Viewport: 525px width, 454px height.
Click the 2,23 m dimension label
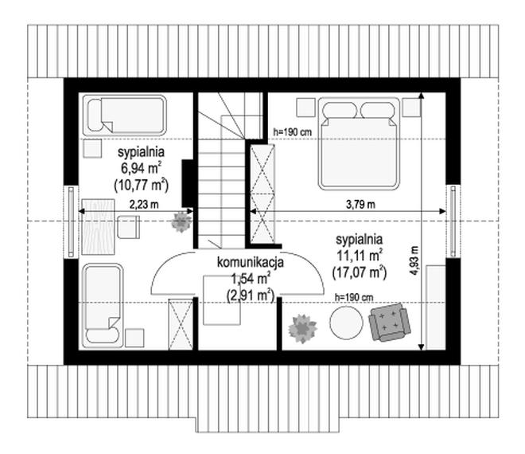pyautogui.click(x=144, y=204)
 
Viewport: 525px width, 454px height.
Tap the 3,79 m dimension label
pyautogui.click(x=360, y=204)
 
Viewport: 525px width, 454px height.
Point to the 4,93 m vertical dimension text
pyautogui.click(x=415, y=260)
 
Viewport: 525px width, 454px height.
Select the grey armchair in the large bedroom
pyautogui.click(x=390, y=322)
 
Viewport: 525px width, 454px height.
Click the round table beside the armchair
pyautogui.click(x=346, y=323)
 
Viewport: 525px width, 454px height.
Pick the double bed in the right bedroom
pyautogui.click(x=359, y=143)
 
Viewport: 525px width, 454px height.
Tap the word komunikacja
pyautogui.click(x=251, y=262)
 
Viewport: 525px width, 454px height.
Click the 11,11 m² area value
pyautogui.click(x=360, y=256)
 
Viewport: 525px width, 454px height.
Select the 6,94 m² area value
pyautogui.click(x=142, y=168)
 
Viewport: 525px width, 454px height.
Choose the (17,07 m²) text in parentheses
pyautogui.click(x=360, y=272)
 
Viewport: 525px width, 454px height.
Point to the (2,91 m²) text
pyautogui.click(x=251, y=295)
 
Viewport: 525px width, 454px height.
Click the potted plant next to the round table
pyautogui.click(x=303, y=328)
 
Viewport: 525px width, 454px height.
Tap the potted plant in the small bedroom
pyautogui.click(x=181, y=222)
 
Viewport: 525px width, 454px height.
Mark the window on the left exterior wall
pyautogui.click(x=71, y=222)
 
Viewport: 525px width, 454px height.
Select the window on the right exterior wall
pyautogui.click(x=453, y=221)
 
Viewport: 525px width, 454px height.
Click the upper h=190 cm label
pyautogui.click(x=293, y=132)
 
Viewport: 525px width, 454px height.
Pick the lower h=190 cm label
pyautogui.click(x=354, y=297)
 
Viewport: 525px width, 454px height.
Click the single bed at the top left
pyautogui.click(x=125, y=115)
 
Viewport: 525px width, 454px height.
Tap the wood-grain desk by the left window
pyautogui.click(x=98, y=227)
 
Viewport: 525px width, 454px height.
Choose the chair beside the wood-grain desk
pyautogui.click(x=129, y=227)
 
